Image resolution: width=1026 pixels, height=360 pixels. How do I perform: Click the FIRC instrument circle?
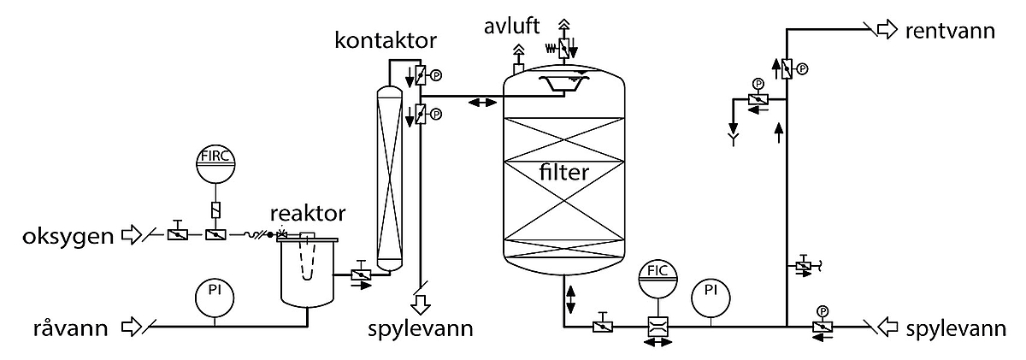(215, 163)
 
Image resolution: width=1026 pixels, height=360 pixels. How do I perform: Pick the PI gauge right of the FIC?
(711, 293)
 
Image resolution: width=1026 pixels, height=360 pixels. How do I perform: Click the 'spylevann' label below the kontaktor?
(422, 329)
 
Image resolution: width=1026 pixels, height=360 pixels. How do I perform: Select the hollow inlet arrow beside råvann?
(133, 327)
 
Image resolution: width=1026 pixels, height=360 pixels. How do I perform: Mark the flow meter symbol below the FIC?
(658, 327)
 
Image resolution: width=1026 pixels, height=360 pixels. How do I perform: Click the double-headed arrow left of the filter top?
(481, 103)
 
